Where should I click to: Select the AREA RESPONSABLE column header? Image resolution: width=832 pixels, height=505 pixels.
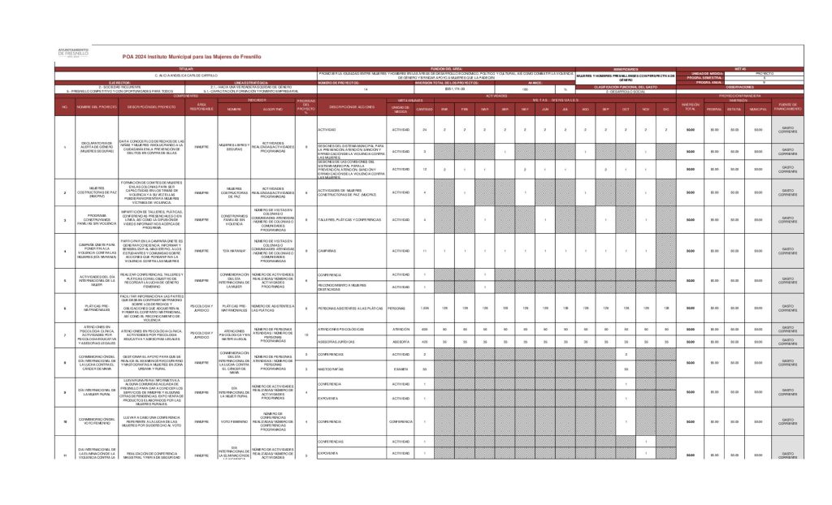point(201,106)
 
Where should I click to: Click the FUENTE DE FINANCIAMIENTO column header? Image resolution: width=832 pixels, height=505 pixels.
point(787,106)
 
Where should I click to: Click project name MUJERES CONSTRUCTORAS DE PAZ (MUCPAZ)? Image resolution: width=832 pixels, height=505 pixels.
point(88,192)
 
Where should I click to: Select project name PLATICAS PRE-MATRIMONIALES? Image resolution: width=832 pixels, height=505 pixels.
point(88,309)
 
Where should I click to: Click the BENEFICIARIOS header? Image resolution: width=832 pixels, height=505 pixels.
point(626,69)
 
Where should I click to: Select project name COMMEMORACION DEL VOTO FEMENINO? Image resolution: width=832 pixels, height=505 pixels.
point(88,421)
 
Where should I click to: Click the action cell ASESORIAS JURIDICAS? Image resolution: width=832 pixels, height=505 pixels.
point(340,342)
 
